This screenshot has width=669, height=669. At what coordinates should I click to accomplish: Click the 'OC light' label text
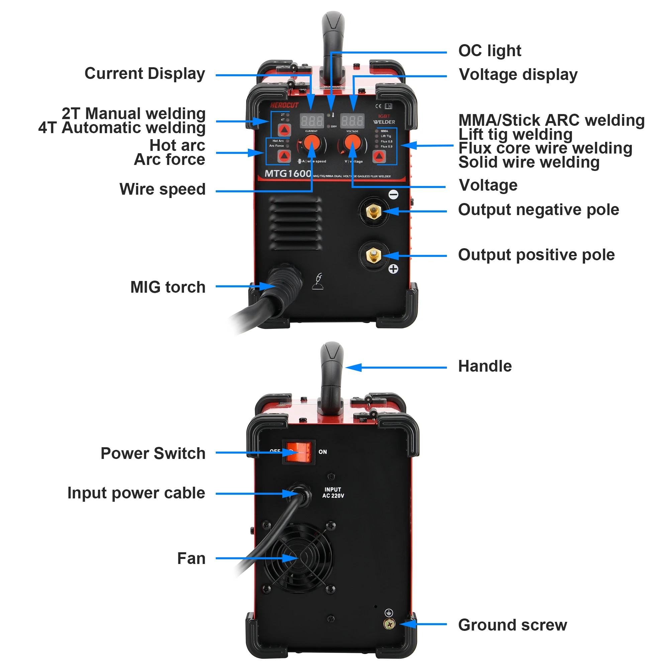click(489, 51)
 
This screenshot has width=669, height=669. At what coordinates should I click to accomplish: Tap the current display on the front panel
click(311, 121)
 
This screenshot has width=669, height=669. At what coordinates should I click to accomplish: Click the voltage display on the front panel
click(352, 121)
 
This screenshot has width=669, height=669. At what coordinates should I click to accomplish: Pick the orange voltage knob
click(353, 142)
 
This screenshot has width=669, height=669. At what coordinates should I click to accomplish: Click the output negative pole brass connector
click(374, 211)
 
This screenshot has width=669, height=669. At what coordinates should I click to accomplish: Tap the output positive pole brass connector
click(374, 256)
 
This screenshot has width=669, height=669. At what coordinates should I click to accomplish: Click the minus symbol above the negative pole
click(393, 195)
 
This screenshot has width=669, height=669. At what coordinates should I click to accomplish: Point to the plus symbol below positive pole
click(393, 269)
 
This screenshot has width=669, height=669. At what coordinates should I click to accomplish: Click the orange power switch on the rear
click(298, 452)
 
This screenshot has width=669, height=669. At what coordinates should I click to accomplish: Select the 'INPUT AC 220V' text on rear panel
click(333, 492)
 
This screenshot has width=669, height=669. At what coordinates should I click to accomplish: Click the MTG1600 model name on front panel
click(287, 174)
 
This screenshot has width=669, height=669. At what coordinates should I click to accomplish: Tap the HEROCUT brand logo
click(284, 105)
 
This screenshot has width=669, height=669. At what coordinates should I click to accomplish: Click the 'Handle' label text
click(484, 366)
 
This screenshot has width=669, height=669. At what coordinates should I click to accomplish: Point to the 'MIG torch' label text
click(168, 287)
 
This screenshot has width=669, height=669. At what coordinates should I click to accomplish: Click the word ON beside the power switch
click(322, 452)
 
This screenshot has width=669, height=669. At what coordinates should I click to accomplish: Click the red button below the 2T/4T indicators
click(284, 130)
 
